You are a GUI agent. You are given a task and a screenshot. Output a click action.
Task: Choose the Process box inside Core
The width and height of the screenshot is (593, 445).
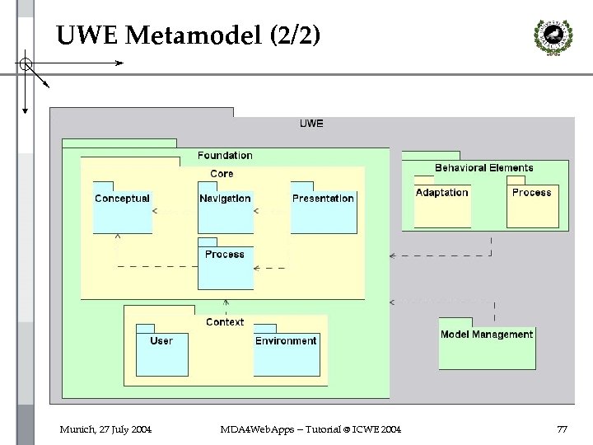[225, 265]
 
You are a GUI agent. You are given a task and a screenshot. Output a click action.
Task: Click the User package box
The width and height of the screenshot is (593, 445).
[161, 351]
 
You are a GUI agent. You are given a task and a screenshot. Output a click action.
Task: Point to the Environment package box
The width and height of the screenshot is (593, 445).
[286, 351]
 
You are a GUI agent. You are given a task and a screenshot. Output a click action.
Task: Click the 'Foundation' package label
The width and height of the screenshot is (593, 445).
[225, 155]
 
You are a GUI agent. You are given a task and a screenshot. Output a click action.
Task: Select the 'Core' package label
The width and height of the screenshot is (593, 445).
[222, 173]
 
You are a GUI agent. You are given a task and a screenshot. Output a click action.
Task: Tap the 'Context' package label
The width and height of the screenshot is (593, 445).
[225, 322]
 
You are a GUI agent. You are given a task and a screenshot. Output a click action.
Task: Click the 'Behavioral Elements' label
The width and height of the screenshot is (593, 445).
[483, 167]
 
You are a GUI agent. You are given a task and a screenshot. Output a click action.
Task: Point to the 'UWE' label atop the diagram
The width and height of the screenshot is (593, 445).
[311, 124]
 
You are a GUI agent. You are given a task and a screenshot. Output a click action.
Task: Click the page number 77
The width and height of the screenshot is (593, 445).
[563, 429]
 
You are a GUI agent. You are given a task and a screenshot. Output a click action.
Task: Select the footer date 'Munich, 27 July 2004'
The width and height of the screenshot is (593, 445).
[105, 429]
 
